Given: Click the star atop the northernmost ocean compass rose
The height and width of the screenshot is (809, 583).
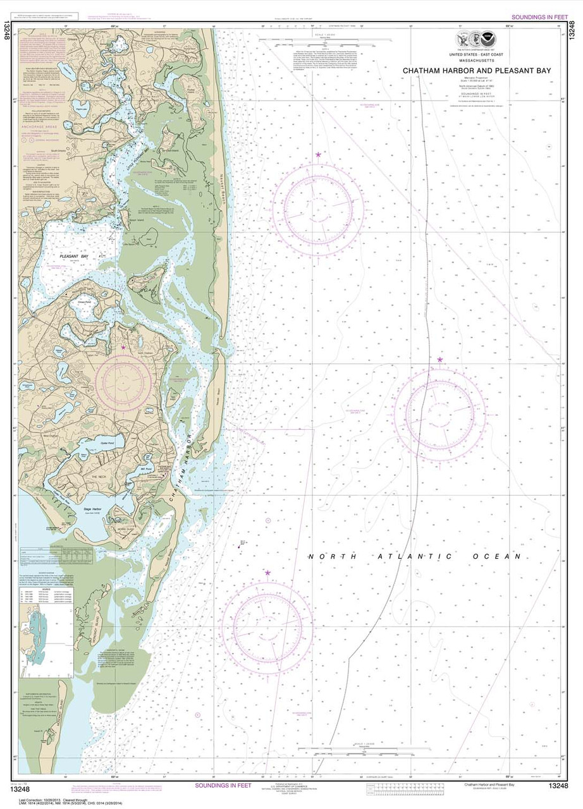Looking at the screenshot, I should [x=318, y=154].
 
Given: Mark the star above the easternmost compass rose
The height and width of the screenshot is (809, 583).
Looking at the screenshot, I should [x=440, y=360].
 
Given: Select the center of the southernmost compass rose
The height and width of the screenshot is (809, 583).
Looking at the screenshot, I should [x=267, y=626].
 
